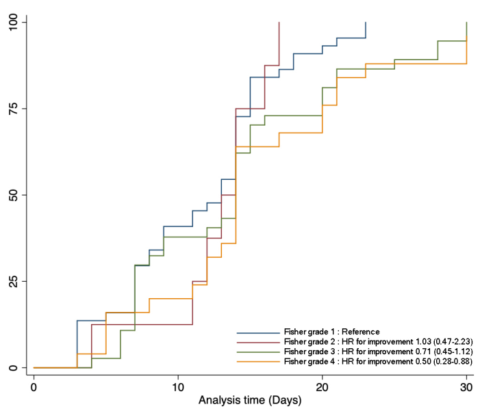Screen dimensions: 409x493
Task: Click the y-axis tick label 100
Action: tap(12, 22)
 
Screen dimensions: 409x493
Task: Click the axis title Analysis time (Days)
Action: tap(250, 398)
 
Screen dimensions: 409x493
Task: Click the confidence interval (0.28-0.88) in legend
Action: tap(448, 360)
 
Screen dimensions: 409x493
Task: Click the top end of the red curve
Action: tap(279, 23)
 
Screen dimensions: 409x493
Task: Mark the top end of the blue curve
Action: tap(366, 23)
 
